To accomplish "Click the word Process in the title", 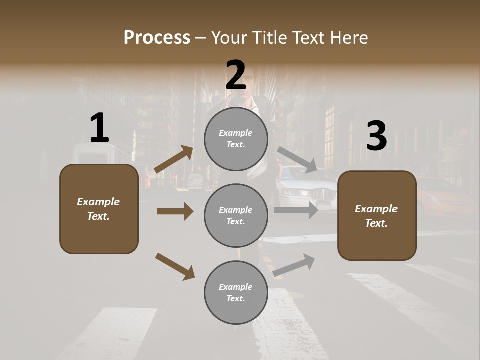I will point(157,37).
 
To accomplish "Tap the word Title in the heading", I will point(268,37).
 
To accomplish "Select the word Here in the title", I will point(348,37).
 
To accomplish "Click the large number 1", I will point(99,128).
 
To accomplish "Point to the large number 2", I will point(236,75).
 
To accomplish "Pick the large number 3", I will point(376,136).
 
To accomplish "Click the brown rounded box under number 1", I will point(99,209).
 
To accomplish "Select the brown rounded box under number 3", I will point(377,216).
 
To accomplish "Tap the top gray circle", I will point(236,139).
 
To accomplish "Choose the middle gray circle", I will point(236,216).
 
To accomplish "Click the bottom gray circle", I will point(236,293).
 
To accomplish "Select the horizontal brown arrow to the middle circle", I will point(175,211).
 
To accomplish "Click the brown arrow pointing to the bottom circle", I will point(175,266).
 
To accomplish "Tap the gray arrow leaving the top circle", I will point(297,160).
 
